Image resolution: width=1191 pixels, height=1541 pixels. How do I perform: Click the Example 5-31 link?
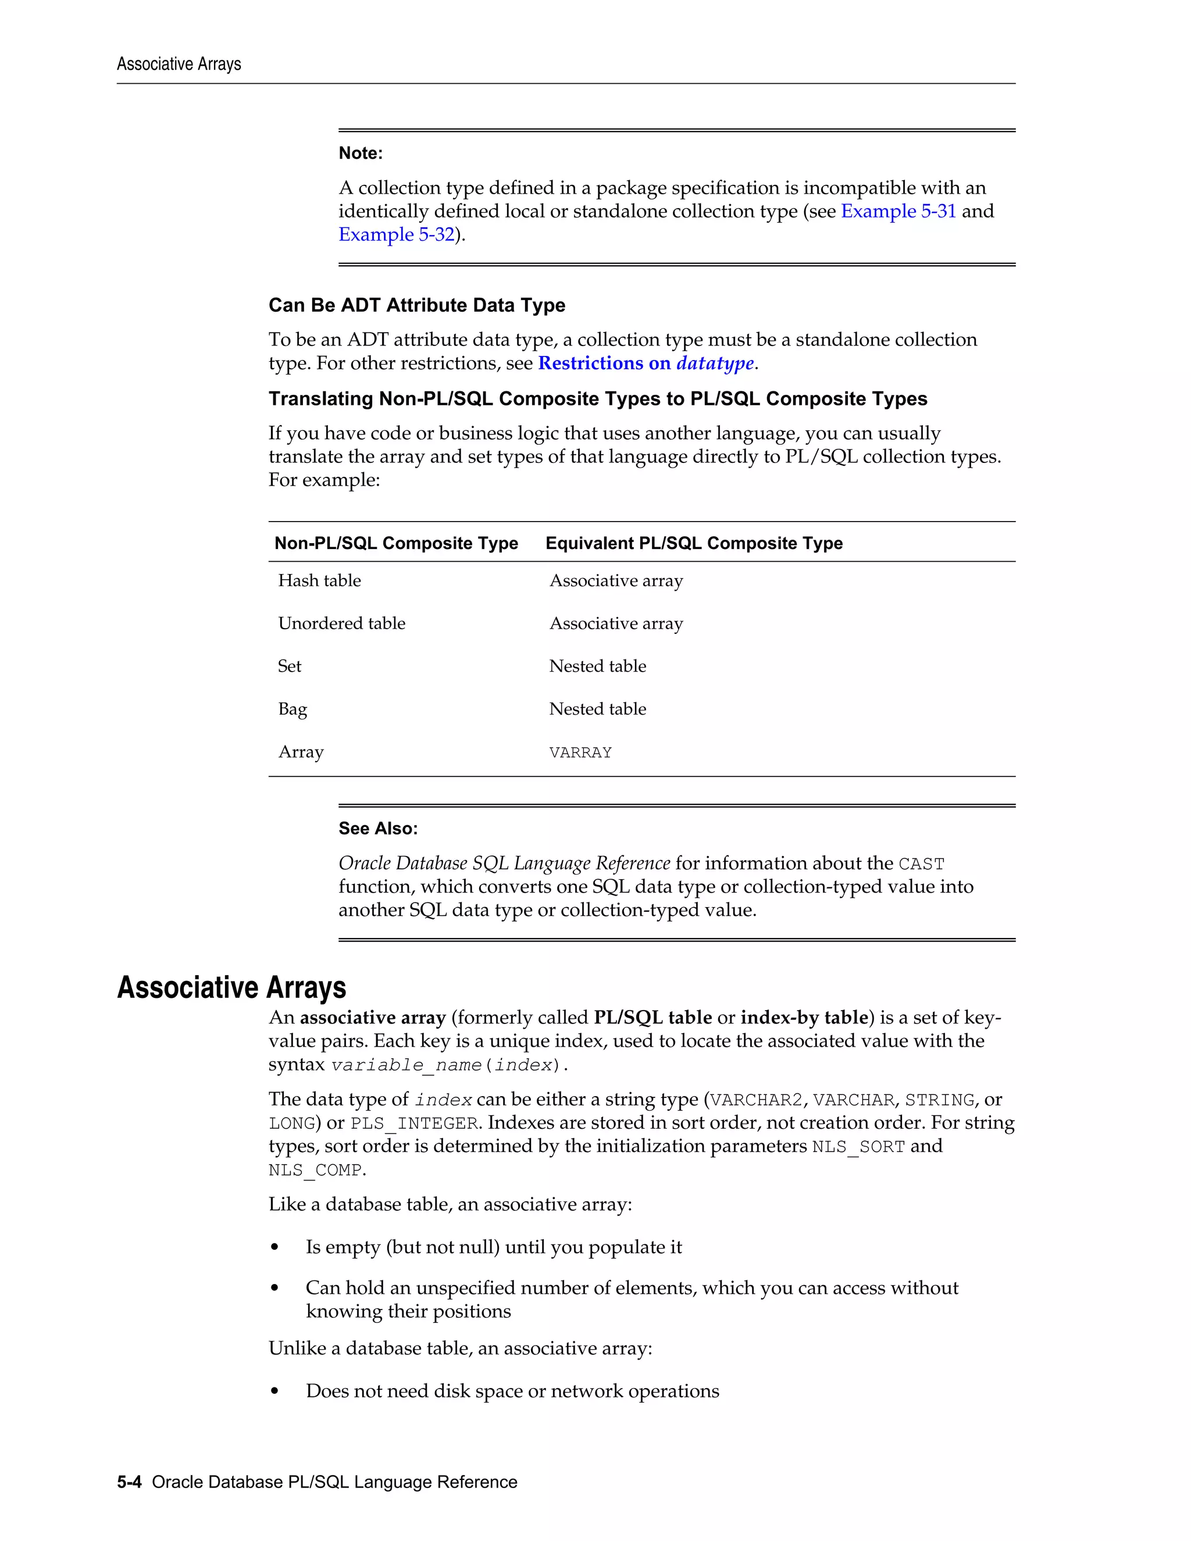897,211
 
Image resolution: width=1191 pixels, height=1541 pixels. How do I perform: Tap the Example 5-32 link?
396,234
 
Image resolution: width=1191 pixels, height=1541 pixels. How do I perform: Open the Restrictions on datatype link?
646,363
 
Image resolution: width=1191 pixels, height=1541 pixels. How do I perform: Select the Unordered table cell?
341,624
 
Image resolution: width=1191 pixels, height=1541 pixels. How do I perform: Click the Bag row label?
292,709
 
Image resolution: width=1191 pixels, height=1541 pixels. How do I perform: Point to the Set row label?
289,666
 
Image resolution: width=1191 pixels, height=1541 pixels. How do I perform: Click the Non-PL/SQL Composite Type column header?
396,543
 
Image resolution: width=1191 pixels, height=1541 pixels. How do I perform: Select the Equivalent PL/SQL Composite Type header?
694,543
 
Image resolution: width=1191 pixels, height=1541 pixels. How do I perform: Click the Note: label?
360,153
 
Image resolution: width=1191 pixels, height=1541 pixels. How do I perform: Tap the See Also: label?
377,828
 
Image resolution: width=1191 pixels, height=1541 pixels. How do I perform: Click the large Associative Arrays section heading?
231,987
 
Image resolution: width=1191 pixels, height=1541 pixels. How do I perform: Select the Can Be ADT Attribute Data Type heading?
416,305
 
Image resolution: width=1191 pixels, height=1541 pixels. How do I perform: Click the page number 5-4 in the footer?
129,1482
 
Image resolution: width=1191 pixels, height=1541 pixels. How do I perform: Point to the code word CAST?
921,864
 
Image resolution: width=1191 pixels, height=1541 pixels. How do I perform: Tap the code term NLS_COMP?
315,1171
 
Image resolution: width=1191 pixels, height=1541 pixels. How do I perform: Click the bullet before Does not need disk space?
274,1392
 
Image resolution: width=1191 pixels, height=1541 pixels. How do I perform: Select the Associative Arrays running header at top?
179,64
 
